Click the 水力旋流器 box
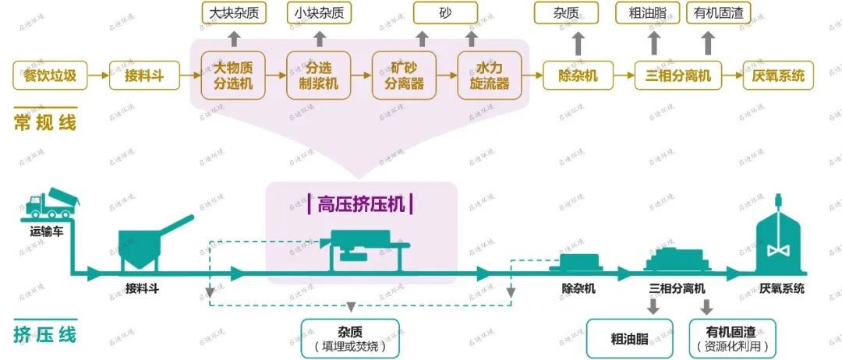(x=489, y=75)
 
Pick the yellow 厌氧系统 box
(x=778, y=76)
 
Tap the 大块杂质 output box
(x=234, y=13)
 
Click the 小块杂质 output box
(x=319, y=13)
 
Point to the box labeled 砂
(x=445, y=13)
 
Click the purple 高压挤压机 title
(x=361, y=203)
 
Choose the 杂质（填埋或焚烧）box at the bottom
(x=350, y=337)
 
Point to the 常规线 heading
(x=45, y=122)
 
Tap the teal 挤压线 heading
(x=45, y=335)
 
